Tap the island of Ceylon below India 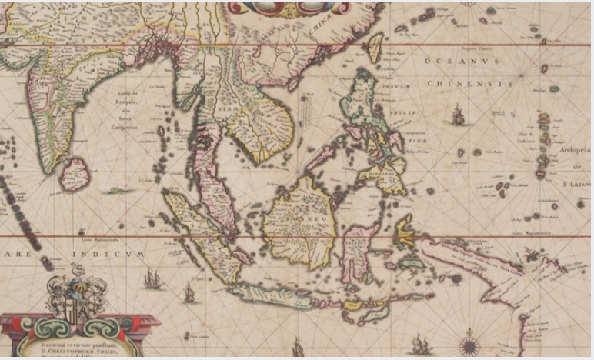[75, 175]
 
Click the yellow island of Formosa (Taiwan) [375, 47]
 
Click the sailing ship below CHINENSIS [459, 116]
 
